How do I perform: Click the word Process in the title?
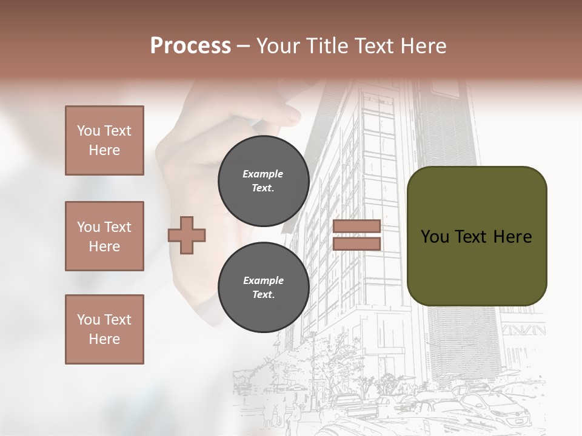click(190, 46)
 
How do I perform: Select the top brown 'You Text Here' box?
click(104, 140)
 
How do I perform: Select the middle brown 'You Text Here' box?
click(104, 236)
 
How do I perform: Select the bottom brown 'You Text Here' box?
click(104, 329)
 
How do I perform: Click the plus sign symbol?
click(187, 234)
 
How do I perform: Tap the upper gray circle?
click(263, 180)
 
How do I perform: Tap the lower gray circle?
click(263, 287)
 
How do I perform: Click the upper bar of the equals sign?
click(356, 226)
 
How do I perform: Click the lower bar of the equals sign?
click(356, 243)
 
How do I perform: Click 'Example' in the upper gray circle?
click(263, 174)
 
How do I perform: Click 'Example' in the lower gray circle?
click(263, 281)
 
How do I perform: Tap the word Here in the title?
click(423, 46)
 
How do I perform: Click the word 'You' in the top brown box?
click(88, 131)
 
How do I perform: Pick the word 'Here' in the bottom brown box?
click(104, 339)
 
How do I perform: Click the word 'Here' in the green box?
click(513, 237)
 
